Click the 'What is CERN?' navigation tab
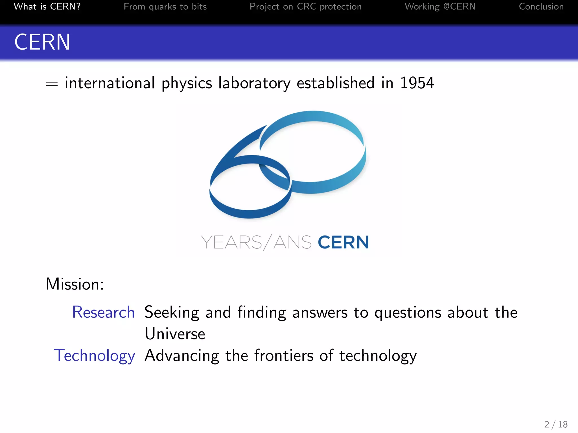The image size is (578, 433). [x=47, y=6]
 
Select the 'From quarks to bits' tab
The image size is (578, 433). [x=165, y=6]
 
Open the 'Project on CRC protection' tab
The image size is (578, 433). [x=305, y=6]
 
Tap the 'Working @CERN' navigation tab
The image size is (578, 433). [x=440, y=6]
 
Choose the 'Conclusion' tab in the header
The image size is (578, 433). [x=541, y=6]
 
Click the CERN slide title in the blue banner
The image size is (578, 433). [x=42, y=42]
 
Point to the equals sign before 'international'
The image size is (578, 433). [x=52, y=84]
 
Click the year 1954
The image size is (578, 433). [x=417, y=83]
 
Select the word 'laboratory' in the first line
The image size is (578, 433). [x=254, y=83]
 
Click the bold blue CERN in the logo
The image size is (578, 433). [x=343, y=242]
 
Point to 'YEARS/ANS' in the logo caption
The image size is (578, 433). [x=256, y=242]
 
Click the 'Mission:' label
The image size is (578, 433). [x=75, y=284]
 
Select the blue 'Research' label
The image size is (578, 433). [x=103, y=312]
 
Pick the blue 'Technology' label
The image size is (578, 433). [x=95, y=355]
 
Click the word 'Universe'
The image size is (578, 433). [x=175, y=334]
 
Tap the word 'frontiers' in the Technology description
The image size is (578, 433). [x=284, y=355]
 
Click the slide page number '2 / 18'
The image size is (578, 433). [x=556, y=424]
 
